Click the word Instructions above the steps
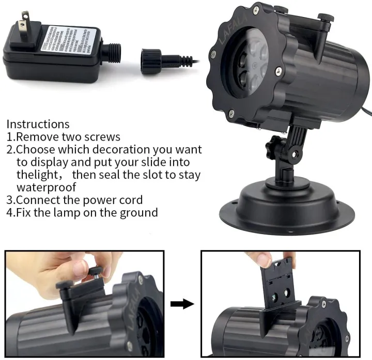point(38,124)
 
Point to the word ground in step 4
point(139,212)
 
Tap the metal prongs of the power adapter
point(21,26)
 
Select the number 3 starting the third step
point(10,200)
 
